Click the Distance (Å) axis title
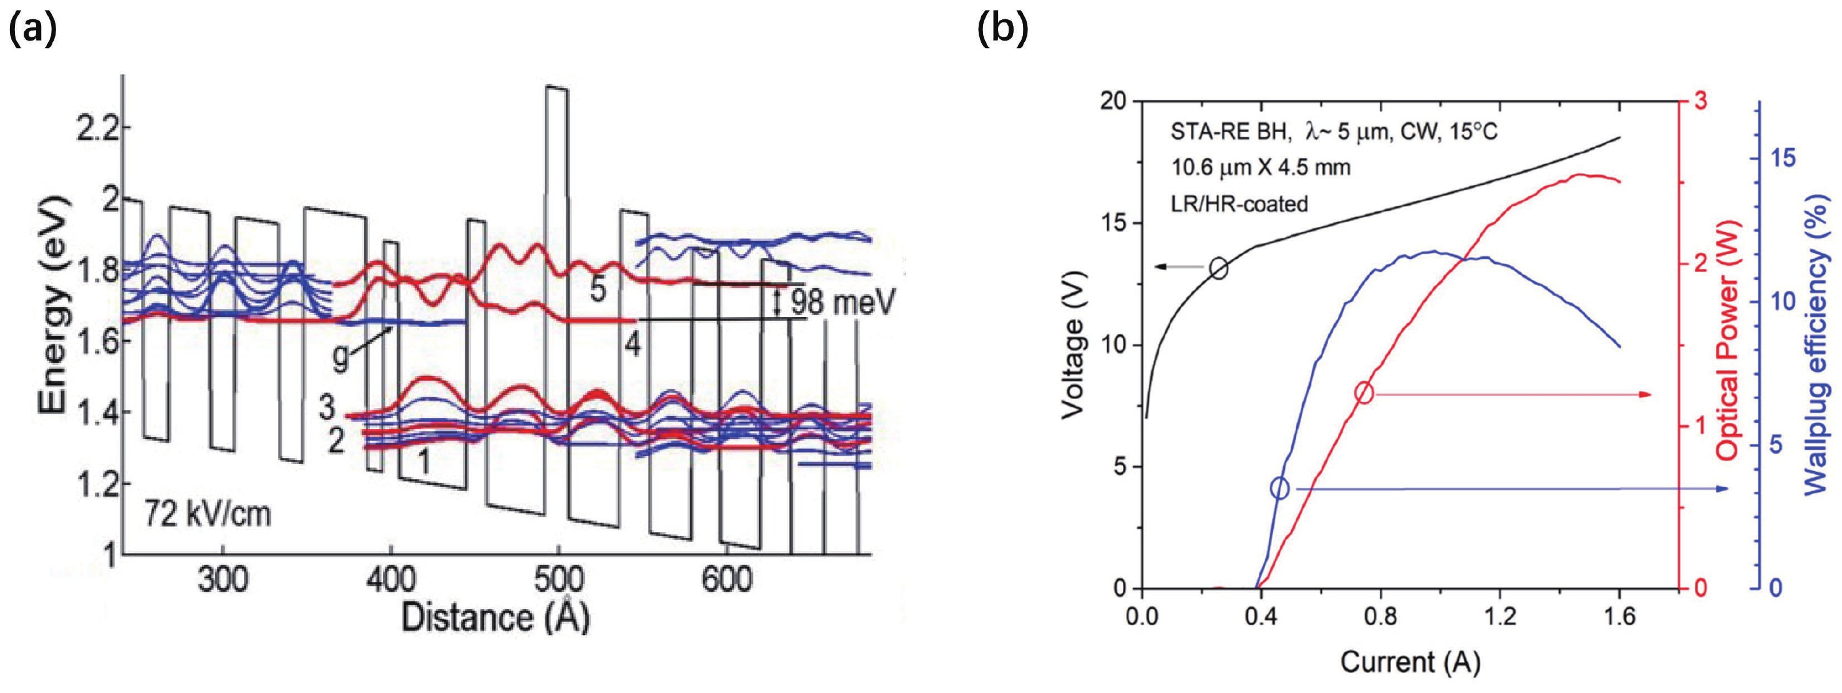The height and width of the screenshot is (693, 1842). pyautogui.click(x=495, y=616)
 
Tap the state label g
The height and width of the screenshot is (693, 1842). pyautogui.click(x=341, y=358)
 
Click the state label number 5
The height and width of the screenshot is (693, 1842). pyautogui.click(x=598, y=289)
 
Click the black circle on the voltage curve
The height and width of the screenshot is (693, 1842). pyautogui.click(x=1219, y=269)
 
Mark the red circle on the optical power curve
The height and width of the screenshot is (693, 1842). pyautogui.click(x=1364, y=392)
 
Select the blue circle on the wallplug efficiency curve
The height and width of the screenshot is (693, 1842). pyautogui.click(x=1280, y=489)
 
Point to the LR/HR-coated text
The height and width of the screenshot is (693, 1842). pyautogui.click(x=1239, y=204)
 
